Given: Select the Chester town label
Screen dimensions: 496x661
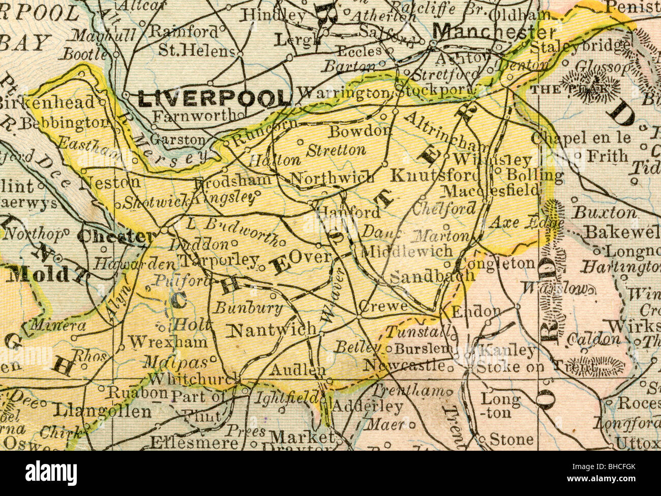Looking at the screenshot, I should pos(117,237).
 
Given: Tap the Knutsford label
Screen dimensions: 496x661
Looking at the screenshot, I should pos(435,176).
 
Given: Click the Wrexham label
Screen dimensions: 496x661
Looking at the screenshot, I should pos(168,342).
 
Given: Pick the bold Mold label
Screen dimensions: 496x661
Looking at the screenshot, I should pos(40,275).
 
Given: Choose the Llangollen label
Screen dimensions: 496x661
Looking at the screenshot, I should pos(104,411).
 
